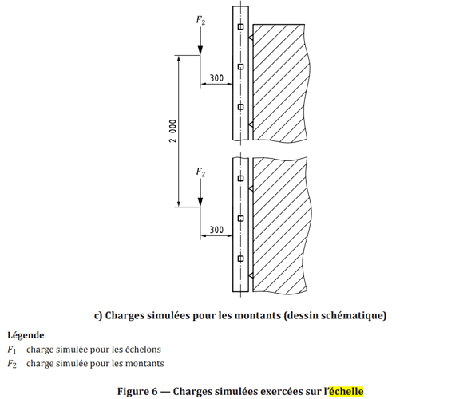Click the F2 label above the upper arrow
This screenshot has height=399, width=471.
pyautogui.click(x=200, y=20)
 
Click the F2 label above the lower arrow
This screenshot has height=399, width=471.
pyautogui.click(x=200, y=172)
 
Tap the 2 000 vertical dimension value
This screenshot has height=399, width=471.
pyautogui.click(x=172, y=131)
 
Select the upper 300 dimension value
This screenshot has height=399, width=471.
pyautogui.click(x=216, y=78)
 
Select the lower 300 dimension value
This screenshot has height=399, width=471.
pyautogui.click(x=216, y=230)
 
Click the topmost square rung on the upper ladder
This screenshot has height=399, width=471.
pyautogui.click(x=240, y=26)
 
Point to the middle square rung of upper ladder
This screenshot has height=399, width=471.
pyautogui.click(x=240, y=67)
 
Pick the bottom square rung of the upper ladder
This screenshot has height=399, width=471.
pyautogui.click(x=240, y=107)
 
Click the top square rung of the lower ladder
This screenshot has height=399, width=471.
pyautogui.click(x=240, y=178)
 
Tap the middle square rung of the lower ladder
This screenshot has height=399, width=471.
pyautogui.click(x=240, y=219)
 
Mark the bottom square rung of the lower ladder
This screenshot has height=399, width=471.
pyautogui.click(x=240, y=259)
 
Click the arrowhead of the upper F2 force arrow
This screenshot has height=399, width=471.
pyautogui.click(x=200, y=50)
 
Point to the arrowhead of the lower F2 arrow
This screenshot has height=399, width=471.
pyautogui.click(x=200, y=202)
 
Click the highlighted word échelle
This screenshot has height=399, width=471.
pyautogui.click(x=346, y=391)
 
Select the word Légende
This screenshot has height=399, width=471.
pyautogui.click(x=26, y=335)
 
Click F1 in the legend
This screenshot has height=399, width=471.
pyautogui.click(x=12, y=350)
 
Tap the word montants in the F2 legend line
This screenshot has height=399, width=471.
pyautogui.click(x=144, y=364)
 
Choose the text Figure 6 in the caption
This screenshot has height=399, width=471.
pyautogui.click(x=137, y=392)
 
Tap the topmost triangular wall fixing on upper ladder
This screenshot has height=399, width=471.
pyautogui.click(x=251, y=38)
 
